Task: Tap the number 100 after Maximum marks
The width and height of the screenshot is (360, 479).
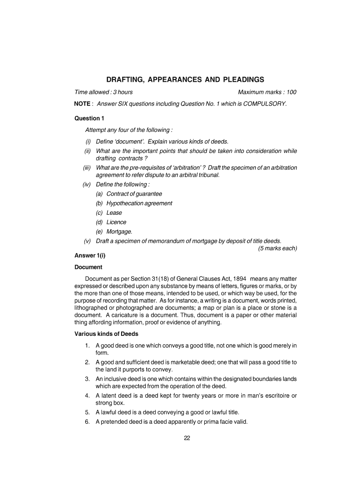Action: pyautogui.click(x=291, y=92)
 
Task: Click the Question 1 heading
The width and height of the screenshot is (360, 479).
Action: pyautogui.click(x=87, y=118)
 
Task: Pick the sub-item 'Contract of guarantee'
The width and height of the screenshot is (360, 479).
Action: pyautogui.click(x=134, y=194)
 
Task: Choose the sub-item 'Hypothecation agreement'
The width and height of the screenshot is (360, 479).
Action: pyautogui.click(x=139, y=203)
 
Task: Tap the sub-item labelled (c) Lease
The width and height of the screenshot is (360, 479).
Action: pyautogui.click(x=114, y=213)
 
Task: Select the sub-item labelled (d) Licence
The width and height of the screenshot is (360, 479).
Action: pyautogui.click(x=116, y=222)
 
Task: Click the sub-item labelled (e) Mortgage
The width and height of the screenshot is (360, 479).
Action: pyautogui.click(x=119, y=232)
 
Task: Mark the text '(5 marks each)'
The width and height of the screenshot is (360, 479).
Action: pyautogui.click(x=278, y=248)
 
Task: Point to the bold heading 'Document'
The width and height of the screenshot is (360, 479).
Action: pyautogui.click(x=88, y=267)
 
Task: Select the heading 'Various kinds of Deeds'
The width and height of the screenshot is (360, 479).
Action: pyautogui.click(x=106, y=334)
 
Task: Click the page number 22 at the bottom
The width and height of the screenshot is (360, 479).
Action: pyautogui.click(x=186, y=438)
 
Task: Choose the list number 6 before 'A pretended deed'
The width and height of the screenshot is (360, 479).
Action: pyautogui.click(x=87, y=421)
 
